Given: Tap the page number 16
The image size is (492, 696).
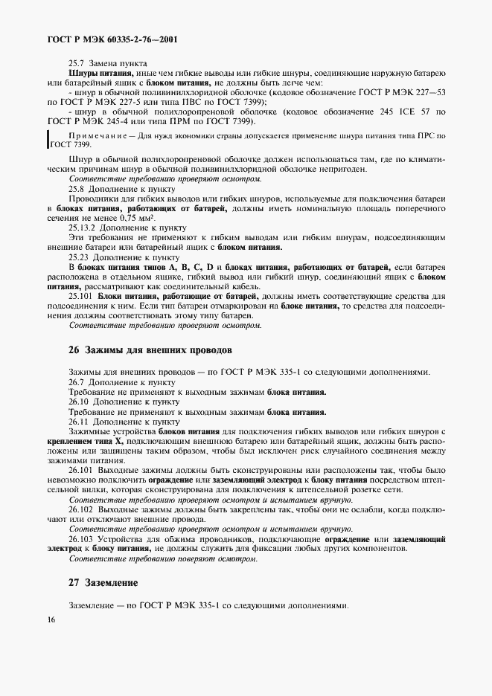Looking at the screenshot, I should coord(50,619).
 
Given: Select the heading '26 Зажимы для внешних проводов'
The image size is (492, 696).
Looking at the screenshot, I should coord(150,349).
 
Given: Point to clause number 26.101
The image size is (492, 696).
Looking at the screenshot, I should coord(82,470).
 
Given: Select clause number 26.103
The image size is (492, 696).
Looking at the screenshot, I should coord(82,538).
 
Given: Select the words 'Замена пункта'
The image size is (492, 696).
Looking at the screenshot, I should coord(118,64).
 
